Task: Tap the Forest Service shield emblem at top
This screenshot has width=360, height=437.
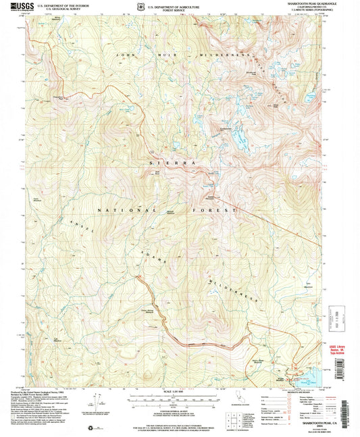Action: point(140,7)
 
